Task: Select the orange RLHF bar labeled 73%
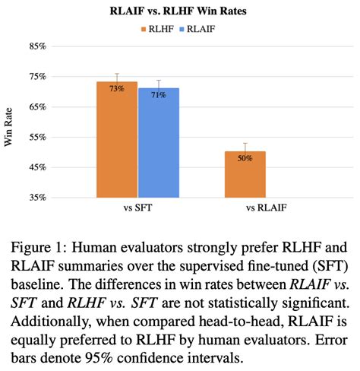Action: [x=116, y=144]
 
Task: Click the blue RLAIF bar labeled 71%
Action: [x=158, y=148]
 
